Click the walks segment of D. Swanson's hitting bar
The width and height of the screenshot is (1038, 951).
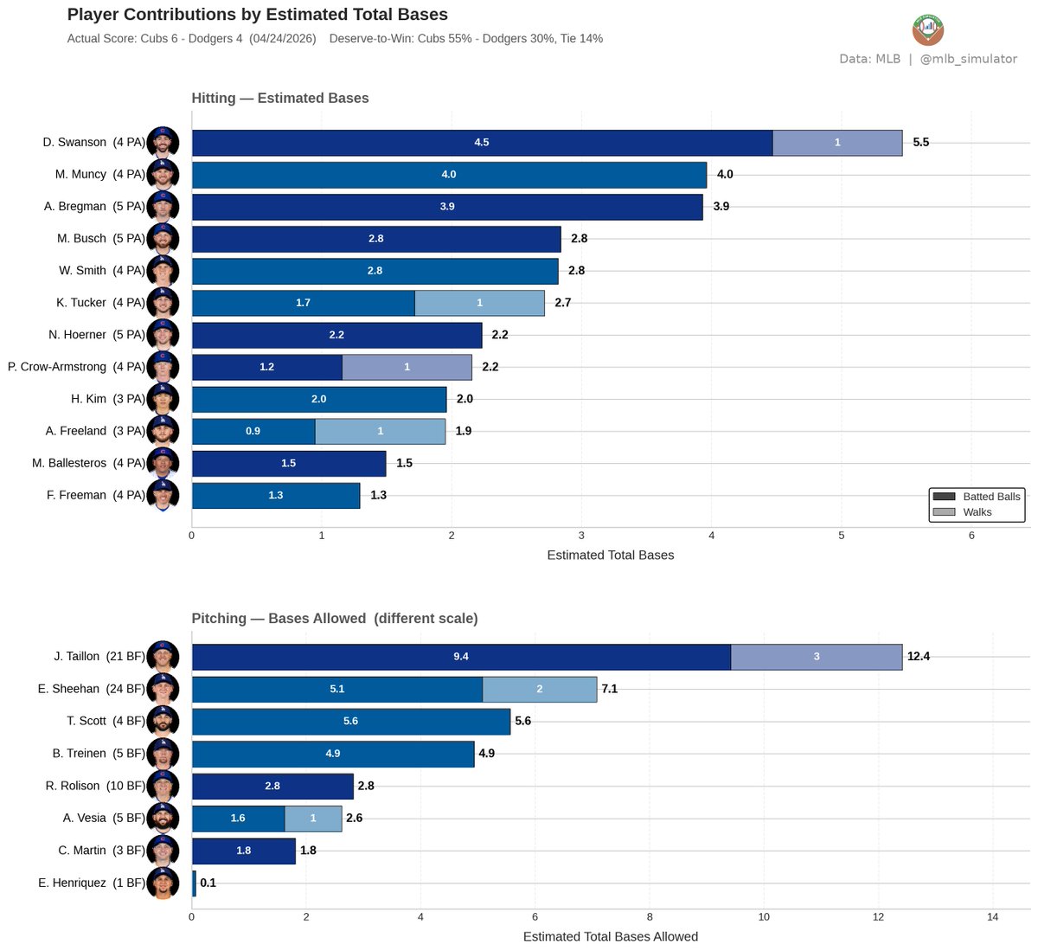836,143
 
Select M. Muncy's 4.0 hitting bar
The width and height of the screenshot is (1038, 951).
449,175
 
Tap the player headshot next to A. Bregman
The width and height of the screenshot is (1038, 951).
163,207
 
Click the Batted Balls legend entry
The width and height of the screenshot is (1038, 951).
977,497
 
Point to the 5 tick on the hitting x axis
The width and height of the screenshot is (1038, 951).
842,536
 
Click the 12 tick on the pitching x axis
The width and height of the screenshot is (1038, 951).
878,917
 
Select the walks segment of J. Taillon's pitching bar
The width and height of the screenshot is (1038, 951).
816,657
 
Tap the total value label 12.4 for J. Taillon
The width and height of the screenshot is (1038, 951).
919,657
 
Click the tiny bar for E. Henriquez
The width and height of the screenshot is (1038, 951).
194,884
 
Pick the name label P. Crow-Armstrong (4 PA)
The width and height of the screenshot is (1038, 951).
76,367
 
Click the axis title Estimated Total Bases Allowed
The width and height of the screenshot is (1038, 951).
610,936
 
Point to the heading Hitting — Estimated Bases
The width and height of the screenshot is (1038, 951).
280,99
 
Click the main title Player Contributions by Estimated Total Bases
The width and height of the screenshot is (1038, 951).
257,15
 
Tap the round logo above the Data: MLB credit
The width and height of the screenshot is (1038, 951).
927,29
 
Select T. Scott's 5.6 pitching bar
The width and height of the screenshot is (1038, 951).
350,722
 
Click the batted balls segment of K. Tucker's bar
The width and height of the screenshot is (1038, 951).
303,303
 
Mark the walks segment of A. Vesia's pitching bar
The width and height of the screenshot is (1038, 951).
313,819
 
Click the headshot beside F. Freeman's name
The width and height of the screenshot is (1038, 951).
163,496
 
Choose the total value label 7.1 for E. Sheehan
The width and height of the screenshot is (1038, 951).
609,690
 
